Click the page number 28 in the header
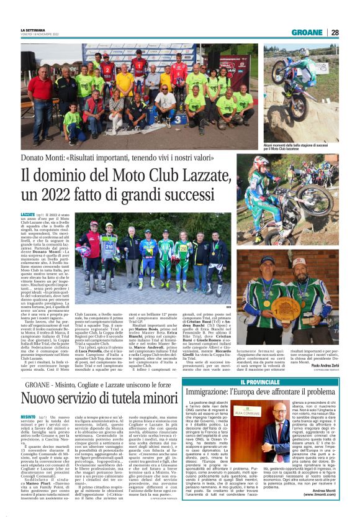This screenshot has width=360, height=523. tap(335, 32)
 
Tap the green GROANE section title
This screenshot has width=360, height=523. tap(307, 32)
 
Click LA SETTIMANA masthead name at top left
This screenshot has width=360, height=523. tap(33, 30)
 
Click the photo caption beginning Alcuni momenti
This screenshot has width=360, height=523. tap(301, 147)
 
